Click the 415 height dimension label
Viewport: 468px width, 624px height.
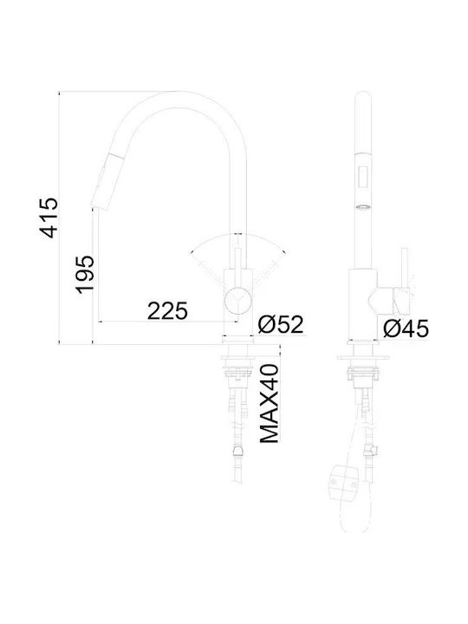[x=49, y=218]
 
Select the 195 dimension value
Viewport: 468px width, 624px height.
[x=85, y=275]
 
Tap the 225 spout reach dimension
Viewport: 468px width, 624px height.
[x=167, y=311]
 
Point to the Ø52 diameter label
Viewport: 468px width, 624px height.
[x=280, y=324]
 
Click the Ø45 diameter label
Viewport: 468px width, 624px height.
[x=406, y=328]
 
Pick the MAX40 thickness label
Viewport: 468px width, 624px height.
[x=270, y=403]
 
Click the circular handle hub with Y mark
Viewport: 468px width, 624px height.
[x=237, y=300]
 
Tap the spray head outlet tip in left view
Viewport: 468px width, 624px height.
[x=99, y=205]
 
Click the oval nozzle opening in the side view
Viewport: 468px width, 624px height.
[x=362, y=207]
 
